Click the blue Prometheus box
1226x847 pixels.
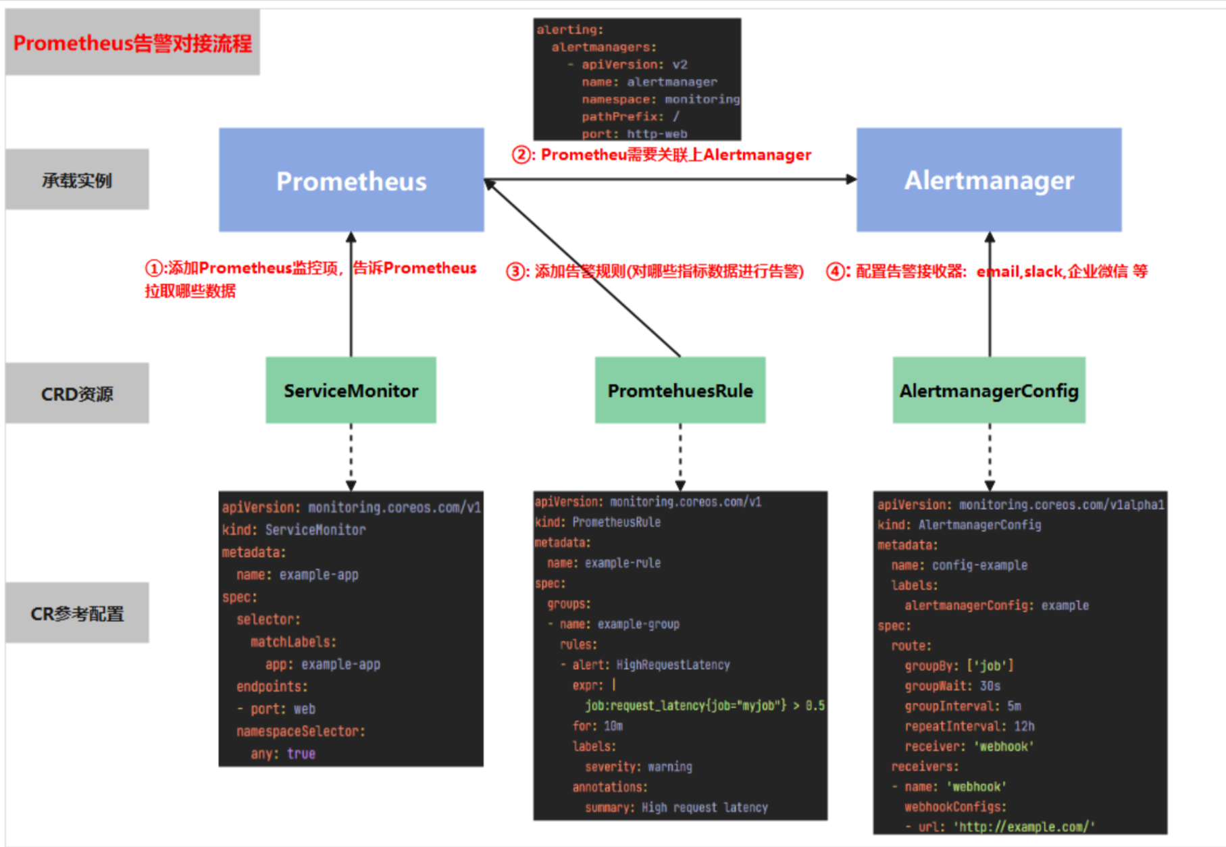pyautogui.click(x=351, y=180)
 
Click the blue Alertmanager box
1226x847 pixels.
pyautogui.click(x=988, y=180)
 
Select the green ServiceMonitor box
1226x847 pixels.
pyautogui.click(x=351, y=390)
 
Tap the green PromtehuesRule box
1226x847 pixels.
pyautogui.click(x=680, y=390)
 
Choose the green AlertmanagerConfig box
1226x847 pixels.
pyautogui.click(x=988, y=390)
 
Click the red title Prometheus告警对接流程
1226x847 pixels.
pyautogui.click(x=132, y=43)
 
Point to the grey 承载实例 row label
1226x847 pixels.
pyautogui.click(x=77, y=180)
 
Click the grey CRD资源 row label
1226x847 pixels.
pyautogui.click(x=77, y=394)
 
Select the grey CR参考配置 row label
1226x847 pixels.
pyautogui.click(x=77, y=613)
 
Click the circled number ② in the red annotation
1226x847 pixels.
pyautogui.click(x=521, y=155)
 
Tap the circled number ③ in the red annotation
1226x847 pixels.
pyautogui.click(x=516, y=272)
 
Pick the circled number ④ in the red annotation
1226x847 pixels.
pyautogui.click(x=836, y=272)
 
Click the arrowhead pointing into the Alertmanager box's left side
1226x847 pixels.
pyautogui.click(x=851, y=180)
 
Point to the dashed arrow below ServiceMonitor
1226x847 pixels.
pyautogui.click(x=351, y=456)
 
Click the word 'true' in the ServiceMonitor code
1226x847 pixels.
pyautogui.click(x=301, y=754)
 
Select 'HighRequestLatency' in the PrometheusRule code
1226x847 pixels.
pyautogui.click(x=673, y=665)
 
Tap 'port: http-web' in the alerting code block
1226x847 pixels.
pyautogui.click(x=634, y=134)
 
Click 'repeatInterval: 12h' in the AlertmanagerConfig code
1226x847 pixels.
pyautogui.click(x=969, y=727)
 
